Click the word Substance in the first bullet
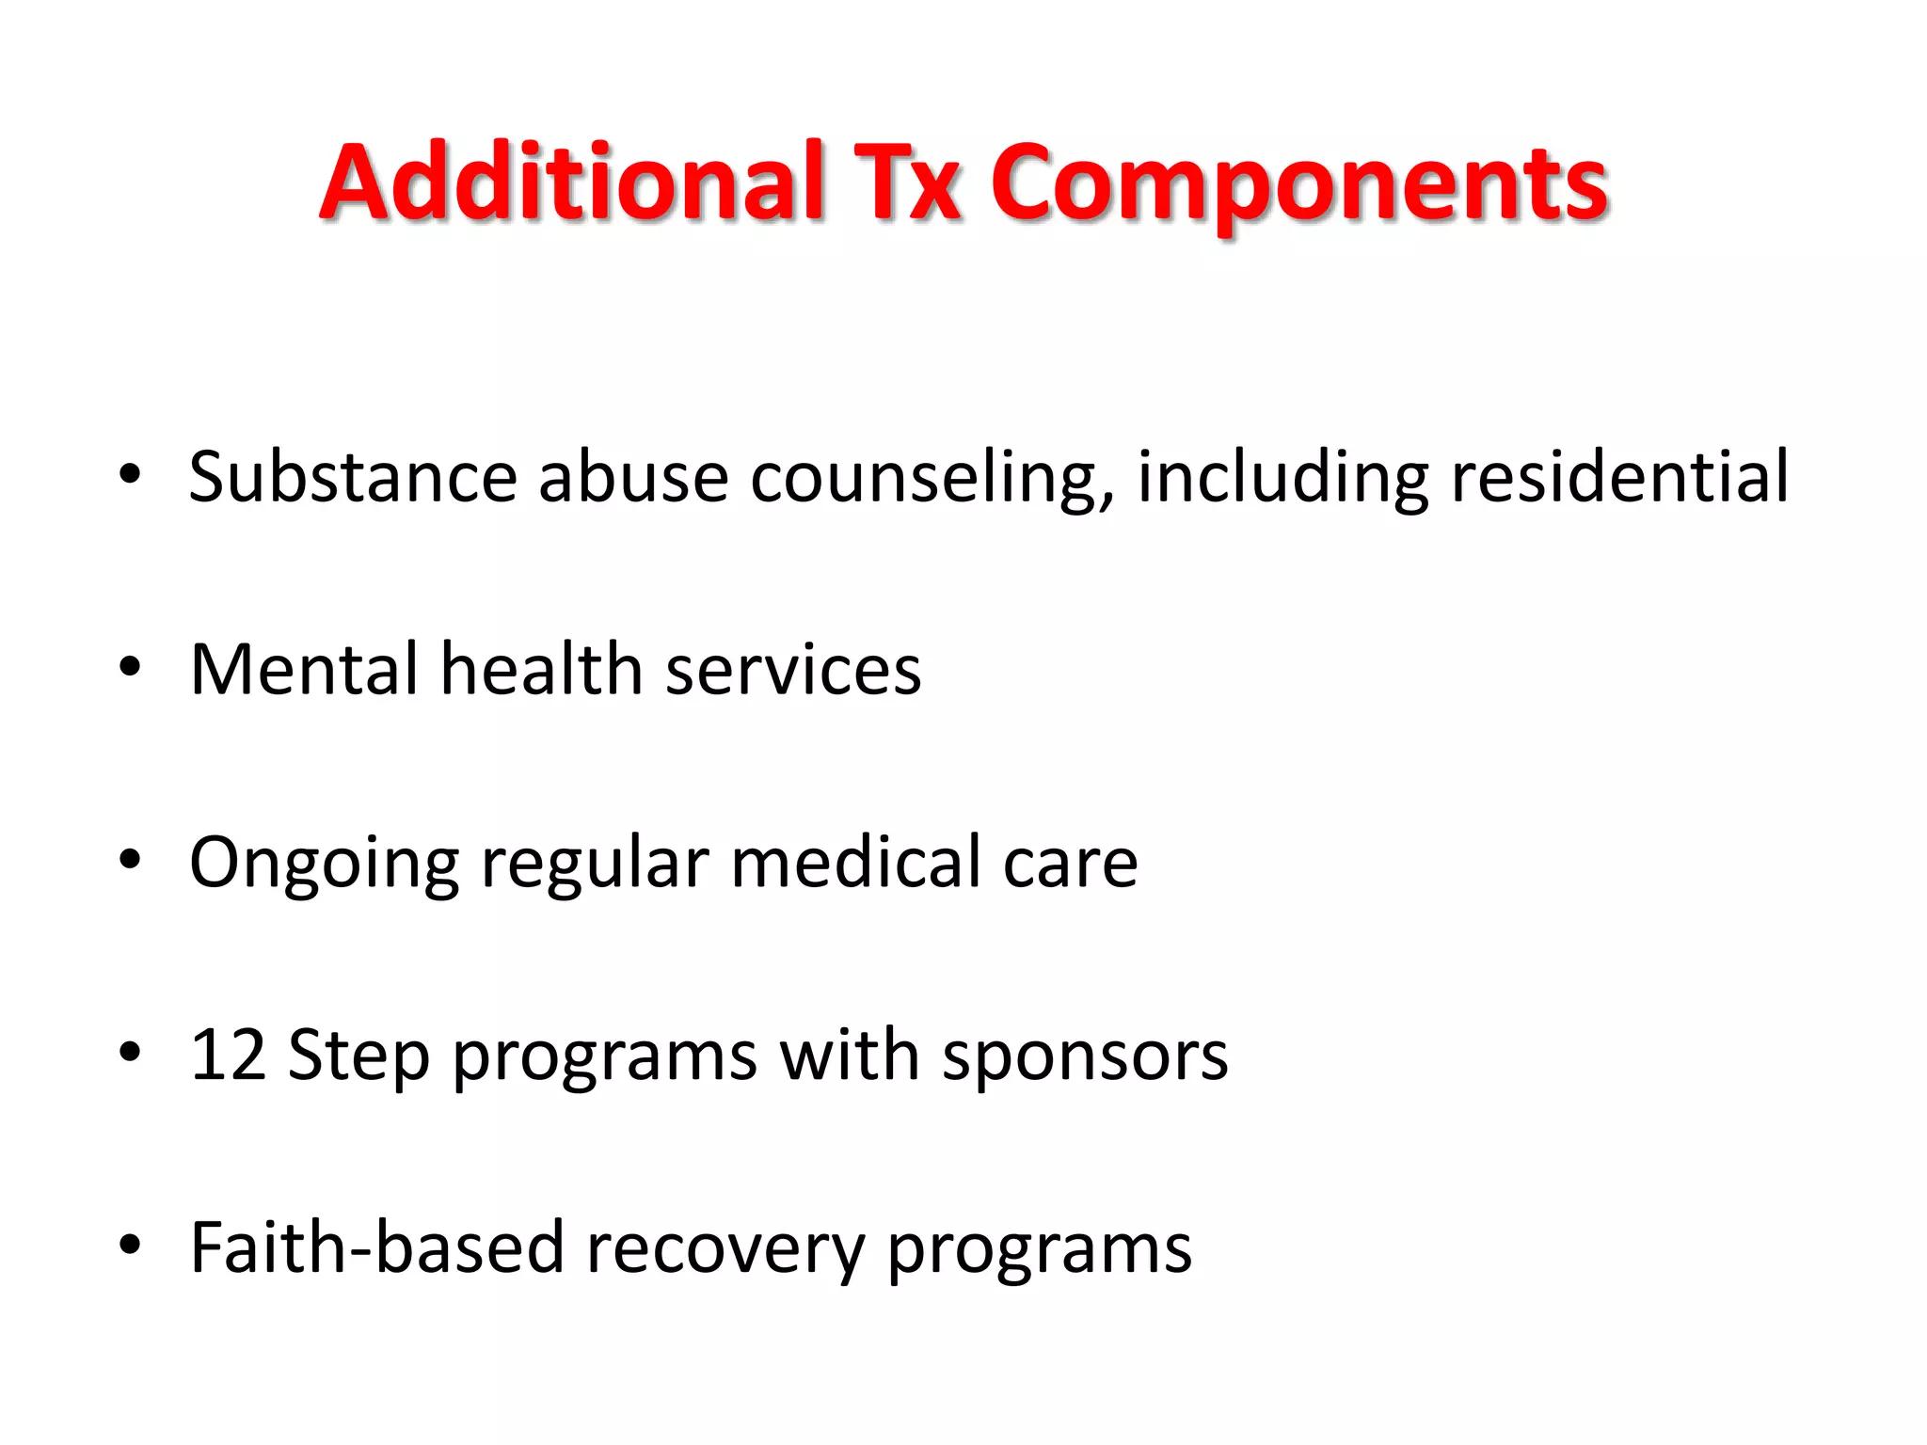[353, 477]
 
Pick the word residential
[1619, 477]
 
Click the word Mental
[304, 670]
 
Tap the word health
[542, 670]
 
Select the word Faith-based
[376, 1248]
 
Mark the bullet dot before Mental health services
[130, 668]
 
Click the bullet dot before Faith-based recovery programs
[130, 1246]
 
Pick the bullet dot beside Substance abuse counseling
[130, 473]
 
